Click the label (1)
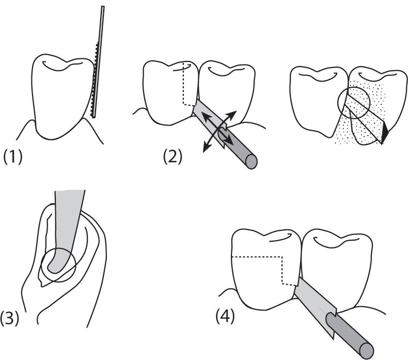[x=13, y=156]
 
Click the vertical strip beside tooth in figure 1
[x=98, y=62]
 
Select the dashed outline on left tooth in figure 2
[x=184, y=88]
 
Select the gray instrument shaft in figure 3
[x=69, y=217]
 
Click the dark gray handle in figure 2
[x=238, y=148]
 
